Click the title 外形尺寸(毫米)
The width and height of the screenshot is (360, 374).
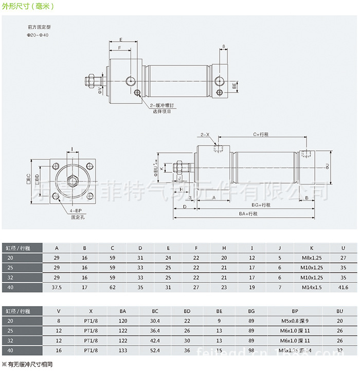click(x=27, y=8)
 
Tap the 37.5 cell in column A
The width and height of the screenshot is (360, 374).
click(x=57, y=288)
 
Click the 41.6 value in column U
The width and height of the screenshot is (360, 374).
click(x=343, y=288)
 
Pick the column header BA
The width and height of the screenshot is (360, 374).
click(x=122, y=311)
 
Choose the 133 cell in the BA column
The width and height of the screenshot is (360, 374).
click(x=122, y=350)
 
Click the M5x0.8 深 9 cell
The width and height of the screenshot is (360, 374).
click(x=295, y=321)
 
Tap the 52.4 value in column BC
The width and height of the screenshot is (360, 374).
click(x=155, y=350)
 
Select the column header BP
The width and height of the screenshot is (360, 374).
click(x=295, y=311)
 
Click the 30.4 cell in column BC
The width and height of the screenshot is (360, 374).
click(x=155, y=321)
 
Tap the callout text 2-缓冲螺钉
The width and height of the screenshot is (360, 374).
click(x=164, y=105)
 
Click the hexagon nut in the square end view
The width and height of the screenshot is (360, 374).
click(x=72, y=180)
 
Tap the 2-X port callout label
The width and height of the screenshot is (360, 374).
click(x=205, y=134)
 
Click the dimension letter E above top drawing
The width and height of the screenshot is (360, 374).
click(x=121, y=40)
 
